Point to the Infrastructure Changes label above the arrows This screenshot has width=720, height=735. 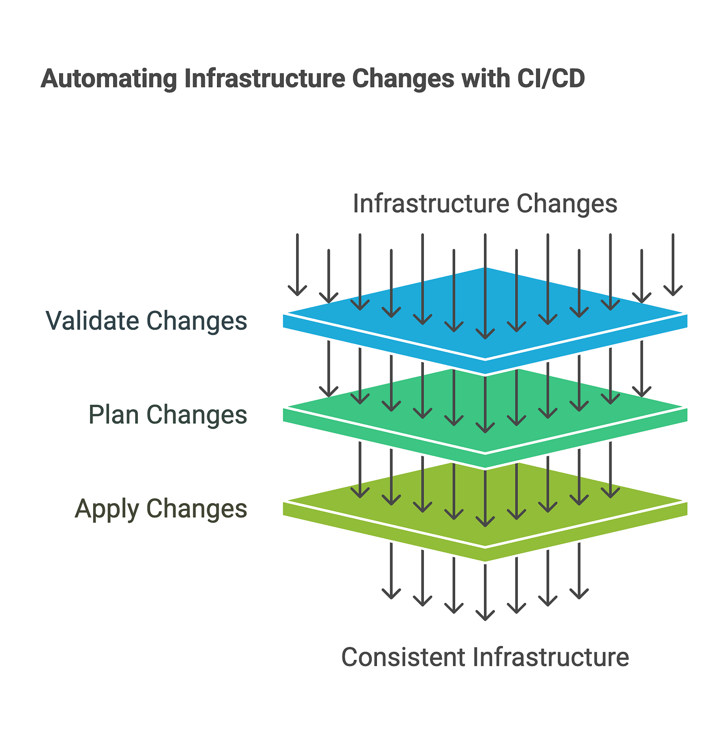[x=484, y=204]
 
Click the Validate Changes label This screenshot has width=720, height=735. [x=147, y=321]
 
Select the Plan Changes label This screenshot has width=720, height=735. [x=168, y=415]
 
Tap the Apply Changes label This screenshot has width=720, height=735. [x=161, y=509]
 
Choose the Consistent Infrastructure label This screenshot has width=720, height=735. [x=484, y=657]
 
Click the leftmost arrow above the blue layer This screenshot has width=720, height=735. [x=297, y=265]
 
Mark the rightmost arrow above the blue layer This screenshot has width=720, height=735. [x=673, y=265]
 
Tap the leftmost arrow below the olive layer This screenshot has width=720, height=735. [x=391, y=571]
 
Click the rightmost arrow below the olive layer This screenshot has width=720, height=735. [x=579, y=571]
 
